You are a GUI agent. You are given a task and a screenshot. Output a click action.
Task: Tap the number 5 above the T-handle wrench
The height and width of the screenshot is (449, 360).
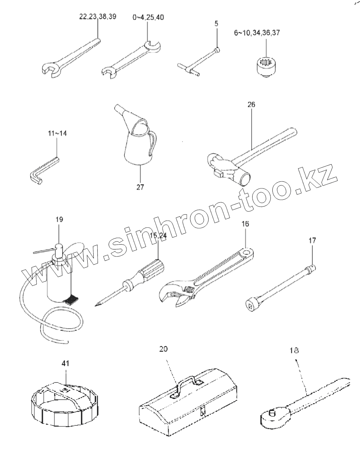tap(216, 23)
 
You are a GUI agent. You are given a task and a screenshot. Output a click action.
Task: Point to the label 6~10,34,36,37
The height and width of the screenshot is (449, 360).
tap(257, 33)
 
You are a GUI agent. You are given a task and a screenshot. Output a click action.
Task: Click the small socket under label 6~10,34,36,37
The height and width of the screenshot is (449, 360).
tap(266, 66)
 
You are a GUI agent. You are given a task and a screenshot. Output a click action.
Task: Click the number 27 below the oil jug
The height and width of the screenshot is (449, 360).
tap(140, 187)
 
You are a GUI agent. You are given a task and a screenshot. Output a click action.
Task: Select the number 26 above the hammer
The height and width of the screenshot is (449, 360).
tap(251, 105)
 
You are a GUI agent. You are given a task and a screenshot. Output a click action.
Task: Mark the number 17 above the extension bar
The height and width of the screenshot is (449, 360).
tap(312, 241)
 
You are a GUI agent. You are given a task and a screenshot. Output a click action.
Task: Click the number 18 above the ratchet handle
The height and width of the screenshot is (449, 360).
tap(294, 351)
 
